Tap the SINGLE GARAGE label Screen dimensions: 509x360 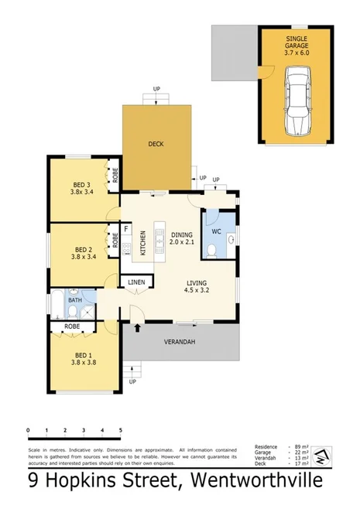[297, 43]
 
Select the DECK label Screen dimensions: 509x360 [156, 144]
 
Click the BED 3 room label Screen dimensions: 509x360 [82, 188]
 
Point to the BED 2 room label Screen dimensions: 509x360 [82, 253]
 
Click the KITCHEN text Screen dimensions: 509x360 [142, 242]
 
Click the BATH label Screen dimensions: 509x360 [74, 299]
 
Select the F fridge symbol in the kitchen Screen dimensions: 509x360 [126, 230]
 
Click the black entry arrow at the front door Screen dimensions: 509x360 [138, 329]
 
